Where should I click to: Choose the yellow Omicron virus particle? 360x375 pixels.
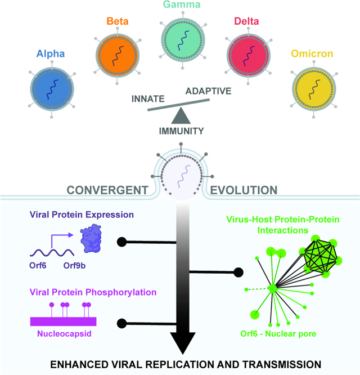pyautogui.click(x=312, y=90)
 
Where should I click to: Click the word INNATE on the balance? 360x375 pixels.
pyautogui.click(x=148, y=99)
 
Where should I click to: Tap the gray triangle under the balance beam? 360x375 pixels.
pyautogui.click(x=181, y=117)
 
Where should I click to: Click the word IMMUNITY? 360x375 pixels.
pyautogui.click(x=181, y=132)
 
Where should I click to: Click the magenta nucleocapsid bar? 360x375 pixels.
pyautogui.click(x=63, y=322)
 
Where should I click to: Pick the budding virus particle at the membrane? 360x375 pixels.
pyautogui.click(x=181, y=171)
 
